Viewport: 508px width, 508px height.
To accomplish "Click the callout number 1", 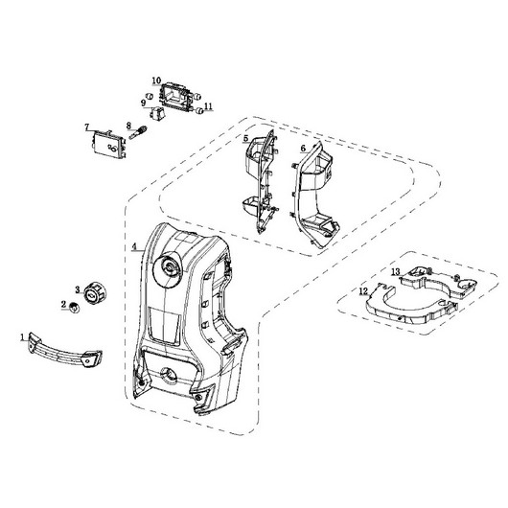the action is tap(22, 337).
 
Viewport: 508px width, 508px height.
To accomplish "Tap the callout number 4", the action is tap(134, 247).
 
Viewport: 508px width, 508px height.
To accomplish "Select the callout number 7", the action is tap(86, 127).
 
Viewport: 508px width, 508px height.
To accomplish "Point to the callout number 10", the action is tap(156, 81).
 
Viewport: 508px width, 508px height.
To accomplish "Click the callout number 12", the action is tap(363, 291).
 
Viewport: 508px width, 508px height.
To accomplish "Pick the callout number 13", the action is tap(396, 271).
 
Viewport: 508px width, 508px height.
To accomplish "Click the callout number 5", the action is tap(246, 139).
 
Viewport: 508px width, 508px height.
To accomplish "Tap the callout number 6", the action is tap(303, 149).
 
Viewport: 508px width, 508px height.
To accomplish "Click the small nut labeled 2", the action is tap(75, 308).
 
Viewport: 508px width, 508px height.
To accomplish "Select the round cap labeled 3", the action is tap(95, 293).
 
